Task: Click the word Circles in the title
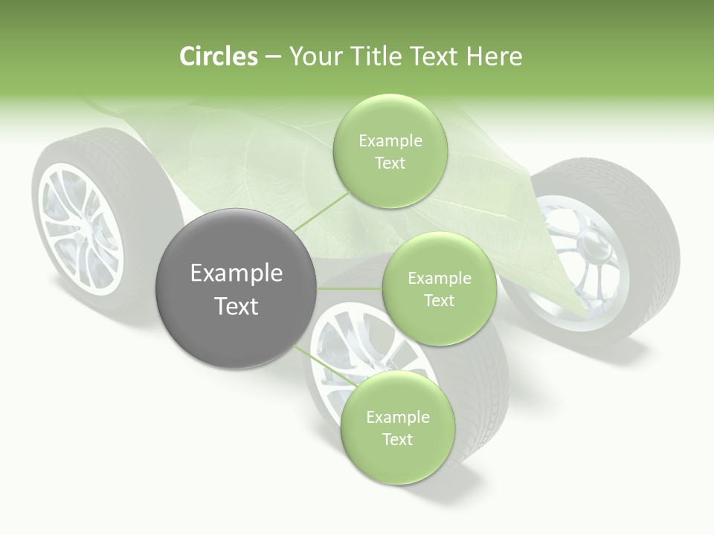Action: pos(219,56)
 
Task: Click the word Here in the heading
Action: pos(495,56)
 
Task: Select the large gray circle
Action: pos(237,288)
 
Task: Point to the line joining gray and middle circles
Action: pos(350,288)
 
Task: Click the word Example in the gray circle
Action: pos(237,273)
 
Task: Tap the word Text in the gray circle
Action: pos(237,306)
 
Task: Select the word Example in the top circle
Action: pos(390,140)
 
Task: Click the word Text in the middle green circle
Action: pos(439,300)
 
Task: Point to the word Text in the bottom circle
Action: pos(397,439)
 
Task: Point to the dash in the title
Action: pos(273,57)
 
